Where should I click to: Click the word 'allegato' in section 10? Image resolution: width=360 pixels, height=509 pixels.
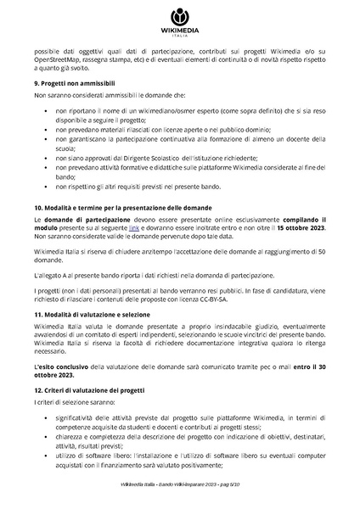click(52, 253)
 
